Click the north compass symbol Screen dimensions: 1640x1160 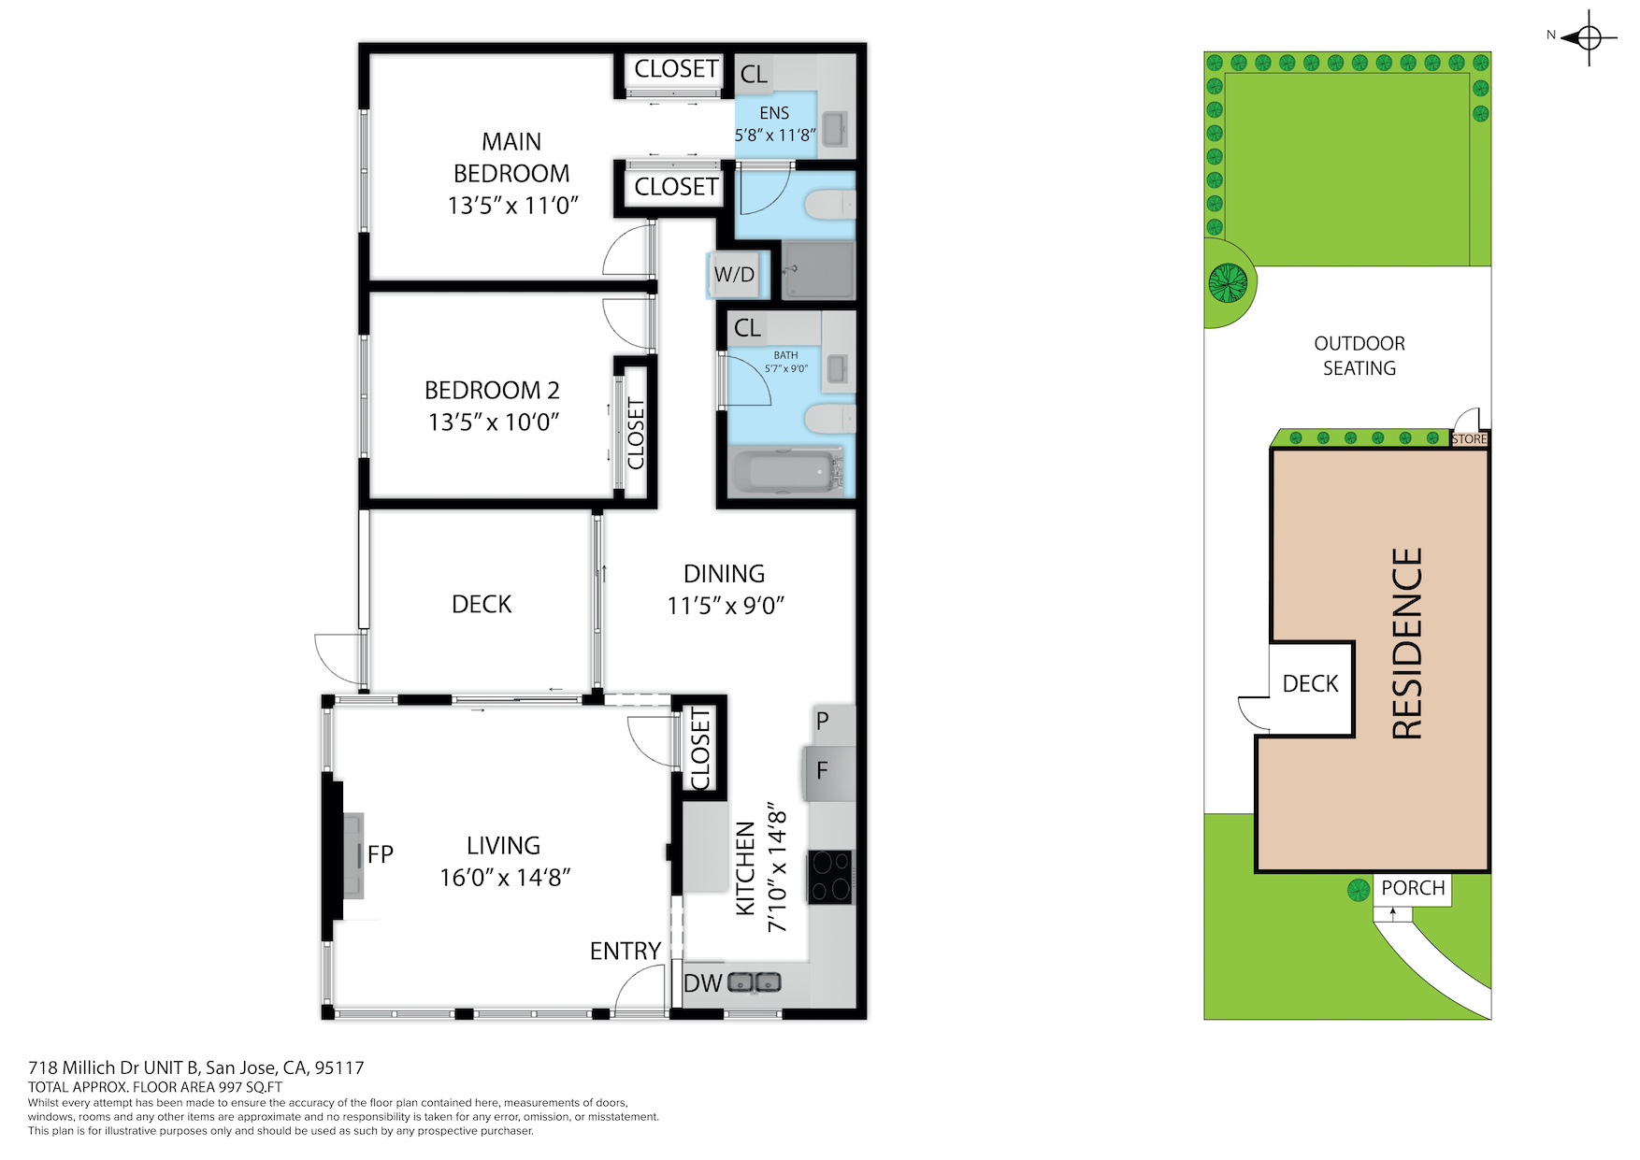1589,38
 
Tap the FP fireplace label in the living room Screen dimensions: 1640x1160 381,854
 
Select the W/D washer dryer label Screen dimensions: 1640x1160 734,275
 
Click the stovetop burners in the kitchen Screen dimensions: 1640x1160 831,877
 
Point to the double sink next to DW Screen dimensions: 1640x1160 755,982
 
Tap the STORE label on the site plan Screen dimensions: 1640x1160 1469,439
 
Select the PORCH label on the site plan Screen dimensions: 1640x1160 1413,888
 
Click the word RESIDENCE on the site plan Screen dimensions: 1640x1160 1407,644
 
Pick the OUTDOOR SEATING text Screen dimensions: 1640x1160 1359,356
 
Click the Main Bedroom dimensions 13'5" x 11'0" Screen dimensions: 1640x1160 513,206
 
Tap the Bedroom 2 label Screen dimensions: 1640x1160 493,390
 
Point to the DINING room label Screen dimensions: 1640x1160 725,574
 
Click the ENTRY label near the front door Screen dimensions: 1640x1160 626,952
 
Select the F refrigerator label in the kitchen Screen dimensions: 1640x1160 823,771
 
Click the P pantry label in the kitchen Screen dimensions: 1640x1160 823,721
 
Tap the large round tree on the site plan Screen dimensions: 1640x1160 1229,282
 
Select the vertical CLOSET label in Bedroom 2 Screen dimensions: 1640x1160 636,434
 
